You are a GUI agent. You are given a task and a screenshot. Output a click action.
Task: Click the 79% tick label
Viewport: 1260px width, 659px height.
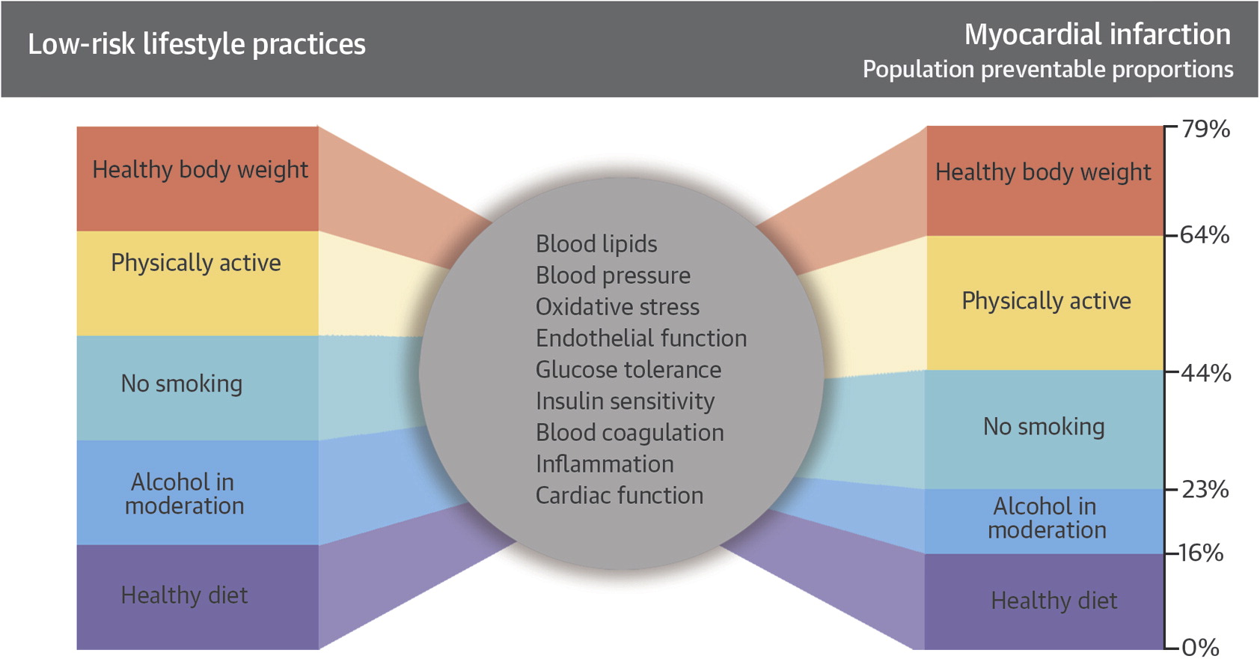1205,130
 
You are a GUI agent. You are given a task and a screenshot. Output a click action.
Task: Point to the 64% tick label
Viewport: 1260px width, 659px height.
1205,234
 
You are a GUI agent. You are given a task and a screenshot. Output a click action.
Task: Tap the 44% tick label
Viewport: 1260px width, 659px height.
1206,373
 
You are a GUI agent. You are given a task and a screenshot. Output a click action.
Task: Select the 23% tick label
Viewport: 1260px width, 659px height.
1205,490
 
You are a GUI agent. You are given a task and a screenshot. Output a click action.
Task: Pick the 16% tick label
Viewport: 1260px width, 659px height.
1201,553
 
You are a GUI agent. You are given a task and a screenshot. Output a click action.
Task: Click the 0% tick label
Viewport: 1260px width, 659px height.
1200,647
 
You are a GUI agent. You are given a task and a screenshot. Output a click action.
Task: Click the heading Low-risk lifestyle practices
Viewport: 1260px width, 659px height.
197,44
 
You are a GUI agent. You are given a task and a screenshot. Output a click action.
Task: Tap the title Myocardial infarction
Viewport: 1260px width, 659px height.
1098,34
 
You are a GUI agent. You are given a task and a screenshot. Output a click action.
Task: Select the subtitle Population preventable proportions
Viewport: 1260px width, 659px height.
1048,70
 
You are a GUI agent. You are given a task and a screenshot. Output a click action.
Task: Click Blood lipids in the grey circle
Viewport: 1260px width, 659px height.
596,243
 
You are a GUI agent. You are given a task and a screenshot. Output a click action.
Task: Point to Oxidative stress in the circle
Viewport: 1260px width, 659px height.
617,307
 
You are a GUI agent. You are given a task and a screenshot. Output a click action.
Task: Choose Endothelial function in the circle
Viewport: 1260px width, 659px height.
641,338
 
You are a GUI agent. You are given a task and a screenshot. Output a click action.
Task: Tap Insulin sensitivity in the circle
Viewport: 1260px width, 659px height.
625,401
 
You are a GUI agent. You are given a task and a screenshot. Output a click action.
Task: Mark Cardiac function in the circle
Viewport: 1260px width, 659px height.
620,495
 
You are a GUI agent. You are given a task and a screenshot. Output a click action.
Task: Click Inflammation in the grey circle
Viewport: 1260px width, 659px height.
605,464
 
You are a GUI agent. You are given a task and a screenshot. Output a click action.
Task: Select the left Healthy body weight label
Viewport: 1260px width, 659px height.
201,170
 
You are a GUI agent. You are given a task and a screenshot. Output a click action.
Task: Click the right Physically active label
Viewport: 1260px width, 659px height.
1046,301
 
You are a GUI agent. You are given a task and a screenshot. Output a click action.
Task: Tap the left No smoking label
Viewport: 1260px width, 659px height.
182,384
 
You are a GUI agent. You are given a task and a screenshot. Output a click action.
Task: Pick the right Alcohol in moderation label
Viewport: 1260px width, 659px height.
1047,518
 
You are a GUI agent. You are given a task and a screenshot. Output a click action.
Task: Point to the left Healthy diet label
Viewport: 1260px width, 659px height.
185,595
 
